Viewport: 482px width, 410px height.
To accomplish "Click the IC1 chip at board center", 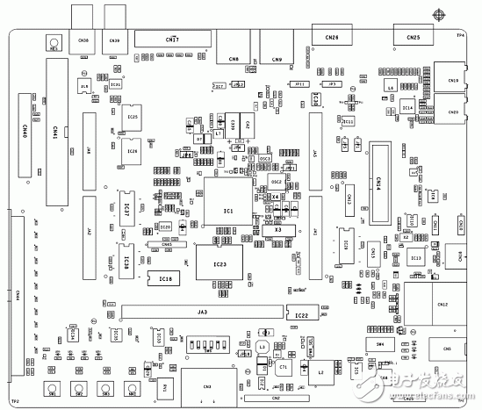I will [x=227, y=212].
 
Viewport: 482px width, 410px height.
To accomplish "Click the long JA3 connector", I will [x=202, y=311].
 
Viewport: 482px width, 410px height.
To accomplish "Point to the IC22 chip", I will [x=301, y=313].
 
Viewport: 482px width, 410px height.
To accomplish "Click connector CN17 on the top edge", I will [x=173, y=39].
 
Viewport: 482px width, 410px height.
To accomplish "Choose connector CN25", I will [x=413, y=36].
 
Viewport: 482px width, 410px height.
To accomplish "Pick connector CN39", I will [x=113, y=40].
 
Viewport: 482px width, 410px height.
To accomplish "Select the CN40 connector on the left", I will [x=24, y=132].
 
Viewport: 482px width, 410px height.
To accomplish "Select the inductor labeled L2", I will [x=321, y=371].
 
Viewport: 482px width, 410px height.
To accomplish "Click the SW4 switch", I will [x=379, y=344].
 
